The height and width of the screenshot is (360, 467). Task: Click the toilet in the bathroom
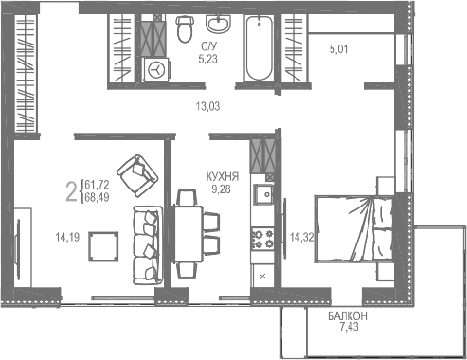point(184,31)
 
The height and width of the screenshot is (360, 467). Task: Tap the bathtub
point(257,47)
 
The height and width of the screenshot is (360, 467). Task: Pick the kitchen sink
point(264,196)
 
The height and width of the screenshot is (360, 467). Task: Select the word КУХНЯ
point(223,177)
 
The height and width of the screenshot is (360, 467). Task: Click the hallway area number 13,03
point(206,105)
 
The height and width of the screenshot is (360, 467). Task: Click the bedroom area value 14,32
point(301,238)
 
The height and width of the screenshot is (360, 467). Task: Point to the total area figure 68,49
point(96,197)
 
